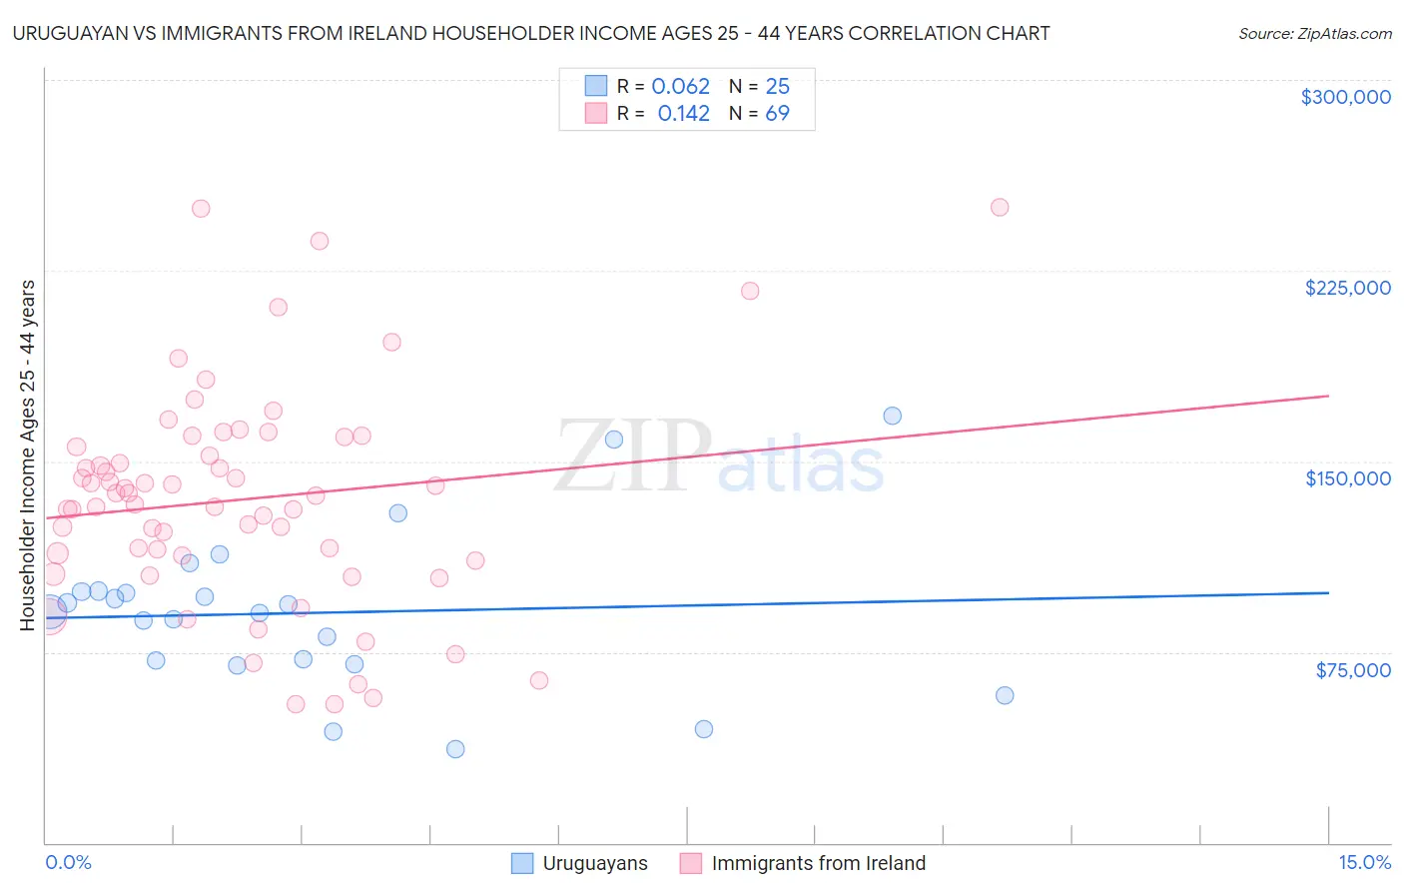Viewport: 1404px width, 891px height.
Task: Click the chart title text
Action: click(x=531, y=33)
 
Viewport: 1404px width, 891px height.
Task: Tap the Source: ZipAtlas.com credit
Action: click(x=1314, y=33)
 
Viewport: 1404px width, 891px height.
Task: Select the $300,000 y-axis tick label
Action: click(x=1345, y=97)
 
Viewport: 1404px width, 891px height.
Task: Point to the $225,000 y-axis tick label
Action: click(x=1347, y=288)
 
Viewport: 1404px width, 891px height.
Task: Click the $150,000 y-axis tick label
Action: click(x=1347, y=478)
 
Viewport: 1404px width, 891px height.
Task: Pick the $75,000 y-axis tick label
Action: click(x=1352, y=670)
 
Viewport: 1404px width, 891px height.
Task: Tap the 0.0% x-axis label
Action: click(x=68, y=862)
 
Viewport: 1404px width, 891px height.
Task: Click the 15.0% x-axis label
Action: click(x=1364, y=862)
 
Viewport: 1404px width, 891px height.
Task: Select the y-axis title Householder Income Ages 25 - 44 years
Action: click(x=28, y=455)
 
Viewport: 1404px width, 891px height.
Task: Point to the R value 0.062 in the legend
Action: click(x=680, y=87)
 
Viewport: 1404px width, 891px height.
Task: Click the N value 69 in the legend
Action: click(x=777, y=114)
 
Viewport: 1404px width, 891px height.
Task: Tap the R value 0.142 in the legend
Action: click(x=683, y=114)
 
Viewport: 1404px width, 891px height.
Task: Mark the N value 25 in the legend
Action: click(x=777, y=87)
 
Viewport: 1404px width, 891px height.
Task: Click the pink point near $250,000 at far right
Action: click(x=1000, y=208)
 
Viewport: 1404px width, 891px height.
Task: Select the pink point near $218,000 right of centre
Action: click(x=750, y=291)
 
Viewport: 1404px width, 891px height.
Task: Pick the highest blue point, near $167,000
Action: click(x=893, y=416)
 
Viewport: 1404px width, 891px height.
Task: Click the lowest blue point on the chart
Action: click(x=455, y=749)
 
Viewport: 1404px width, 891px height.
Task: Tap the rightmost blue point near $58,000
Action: click(x=1005, y=695)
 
